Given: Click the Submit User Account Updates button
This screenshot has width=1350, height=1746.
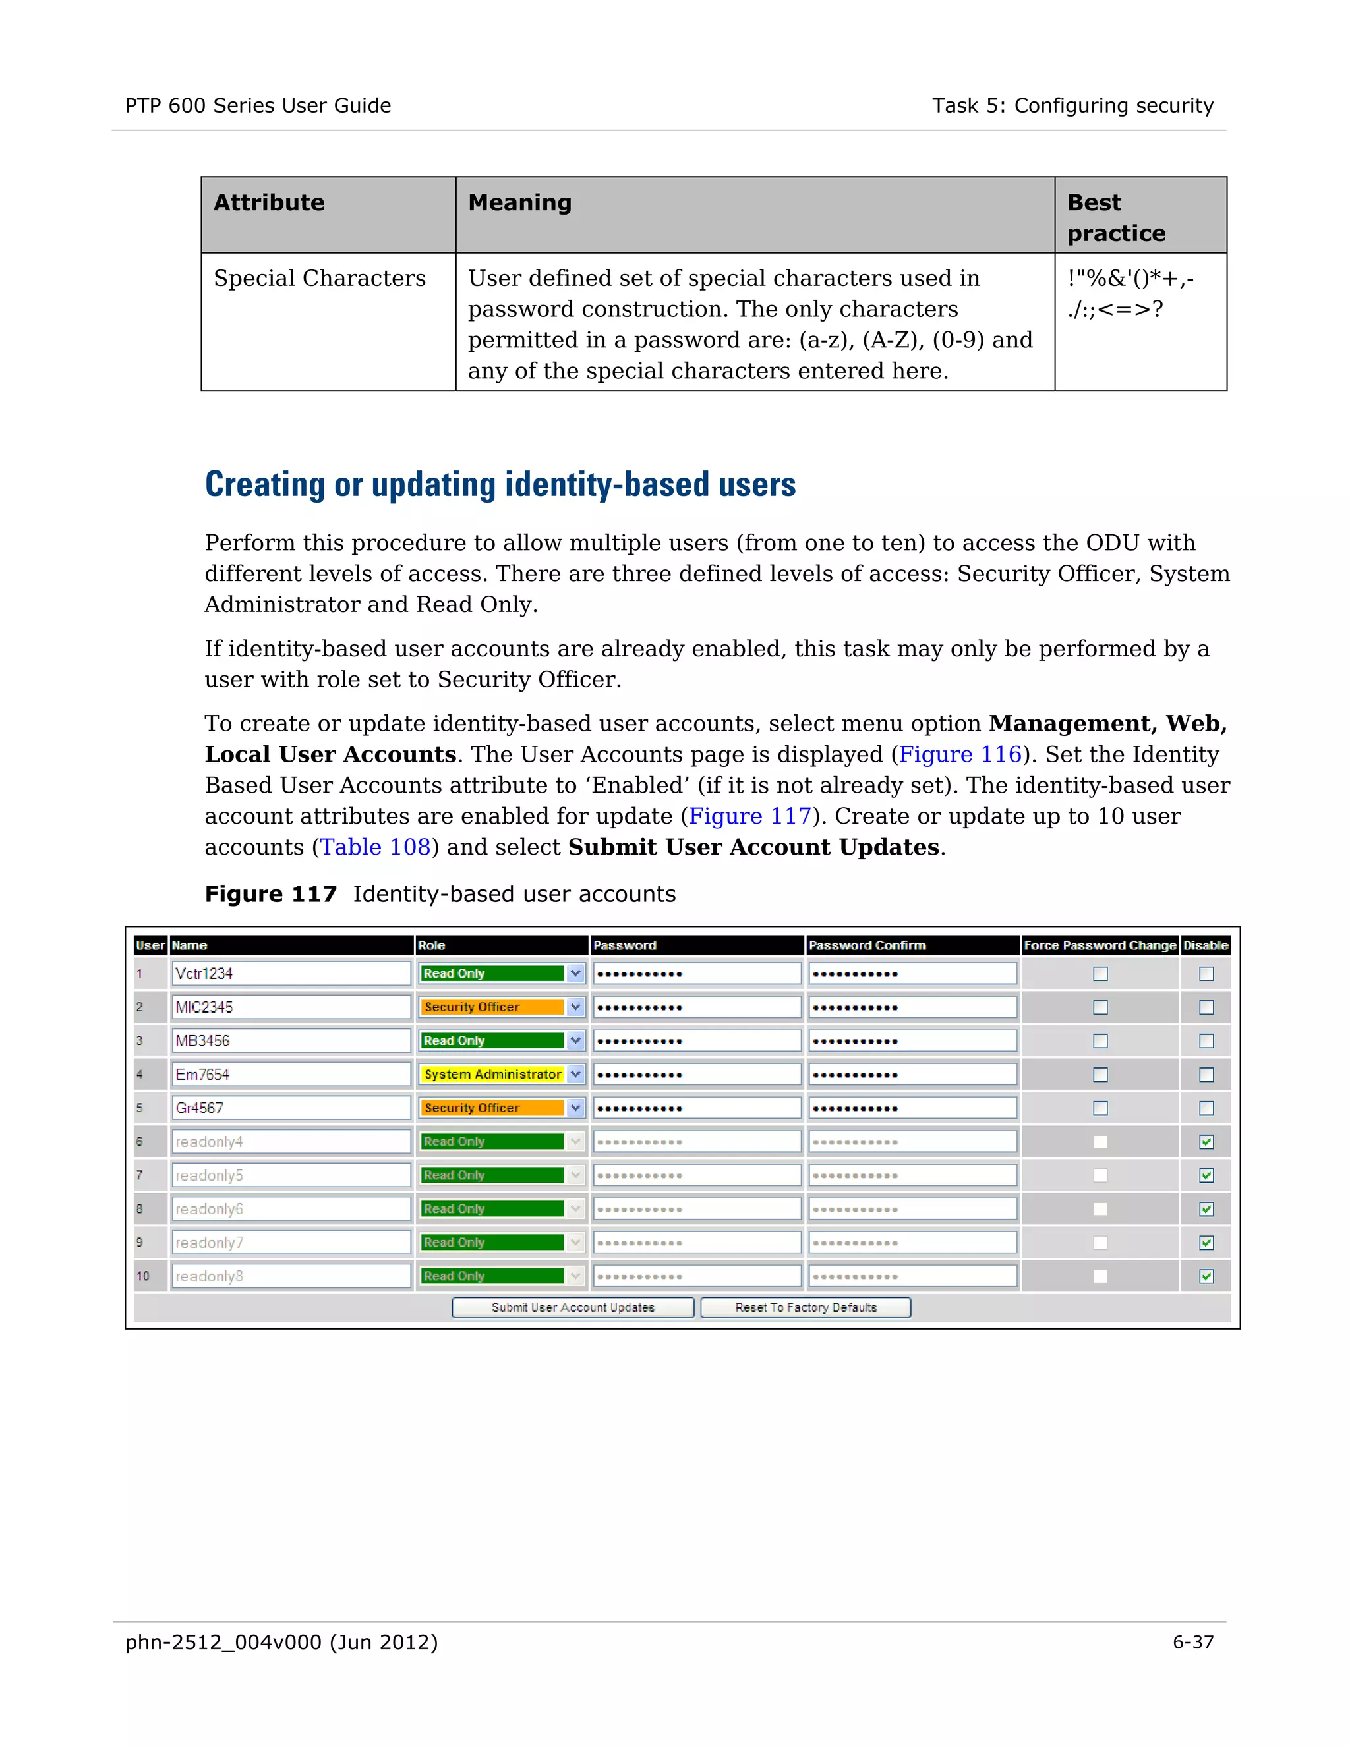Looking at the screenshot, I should (573, 1307).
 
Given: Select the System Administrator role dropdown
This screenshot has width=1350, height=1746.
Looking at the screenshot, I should (502, 1075).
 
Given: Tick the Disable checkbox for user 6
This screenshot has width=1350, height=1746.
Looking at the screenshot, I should (1206, 1142).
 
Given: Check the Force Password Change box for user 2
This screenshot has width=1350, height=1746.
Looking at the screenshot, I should (1100, 1007).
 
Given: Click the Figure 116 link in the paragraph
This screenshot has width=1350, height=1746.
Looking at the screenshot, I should (960, 754).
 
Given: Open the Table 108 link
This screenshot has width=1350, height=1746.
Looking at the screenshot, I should (375, 847).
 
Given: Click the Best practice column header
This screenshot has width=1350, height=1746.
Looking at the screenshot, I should (1117, 217).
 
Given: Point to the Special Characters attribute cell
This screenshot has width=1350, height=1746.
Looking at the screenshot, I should (320, 278).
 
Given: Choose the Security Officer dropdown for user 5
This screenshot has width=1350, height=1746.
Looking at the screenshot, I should (502, 1108).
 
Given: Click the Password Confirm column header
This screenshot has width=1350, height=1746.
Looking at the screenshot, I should (867, 945).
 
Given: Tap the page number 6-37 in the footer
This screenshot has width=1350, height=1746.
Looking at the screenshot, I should (1192, 1642).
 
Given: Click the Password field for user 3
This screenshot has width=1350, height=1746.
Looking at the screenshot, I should (696, 1041).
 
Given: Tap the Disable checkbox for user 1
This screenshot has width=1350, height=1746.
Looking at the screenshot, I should (1206, 974).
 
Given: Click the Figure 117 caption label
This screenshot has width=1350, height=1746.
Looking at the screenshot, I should (270, 894).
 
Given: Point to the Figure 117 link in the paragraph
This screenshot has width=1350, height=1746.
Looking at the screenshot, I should (749, 816).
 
